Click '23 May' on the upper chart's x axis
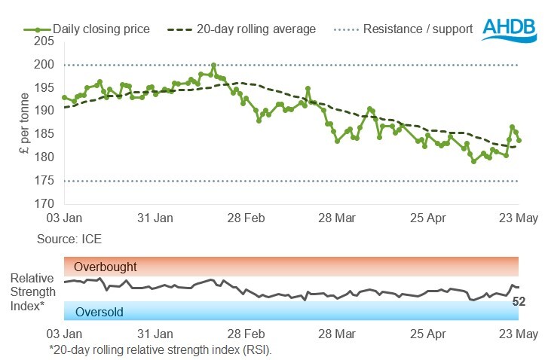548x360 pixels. coord(519,218)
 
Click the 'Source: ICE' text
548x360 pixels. coord(69,239)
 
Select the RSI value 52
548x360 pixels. coord(519,302)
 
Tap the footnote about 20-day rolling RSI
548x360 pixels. coord(160,349)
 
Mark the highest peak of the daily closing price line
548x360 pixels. coord(214,65)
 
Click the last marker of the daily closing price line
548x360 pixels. coord(519,140)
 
